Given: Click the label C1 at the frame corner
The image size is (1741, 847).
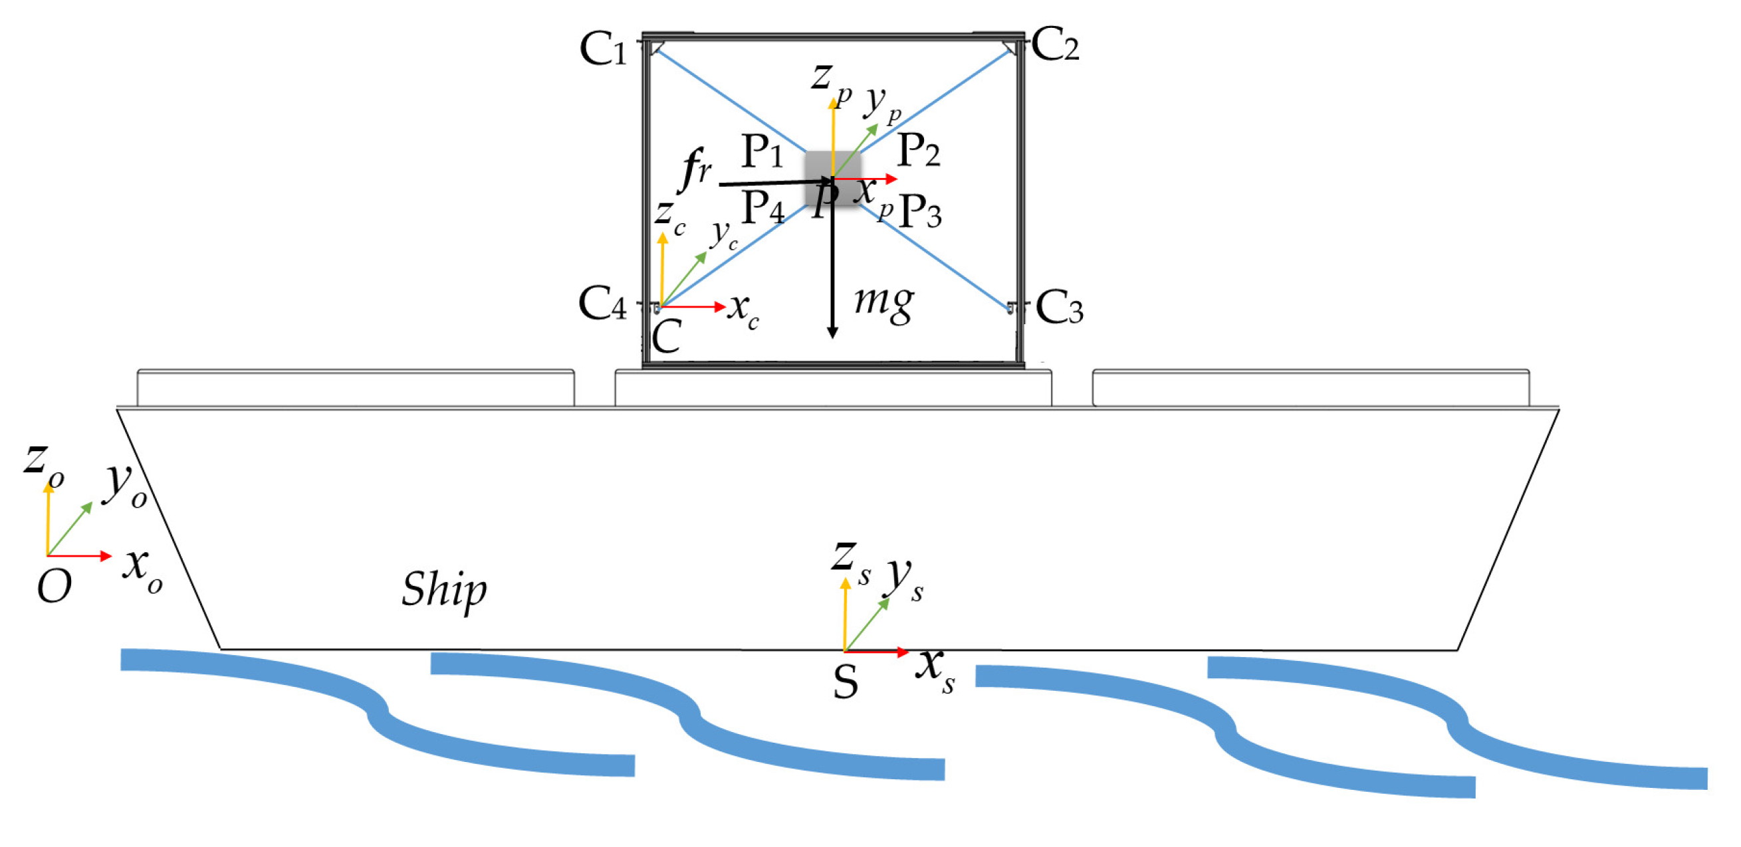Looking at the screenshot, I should coord(604,49).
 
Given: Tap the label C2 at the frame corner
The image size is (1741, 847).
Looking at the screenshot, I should coord(1055,45).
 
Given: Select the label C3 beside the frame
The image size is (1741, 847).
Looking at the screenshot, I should coord(1059,308).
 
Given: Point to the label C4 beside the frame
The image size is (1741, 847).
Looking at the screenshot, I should coord(602,304).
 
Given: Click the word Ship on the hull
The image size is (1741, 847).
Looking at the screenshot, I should coord(444,589).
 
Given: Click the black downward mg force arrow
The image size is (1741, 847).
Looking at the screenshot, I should coord(833,270).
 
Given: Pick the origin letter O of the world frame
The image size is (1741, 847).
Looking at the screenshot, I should coord(54,587).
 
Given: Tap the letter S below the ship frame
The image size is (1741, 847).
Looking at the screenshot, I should coord(846,682).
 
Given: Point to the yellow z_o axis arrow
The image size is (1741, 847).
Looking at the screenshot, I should coord(48,520).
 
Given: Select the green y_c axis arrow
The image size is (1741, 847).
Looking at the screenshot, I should coord(684,279).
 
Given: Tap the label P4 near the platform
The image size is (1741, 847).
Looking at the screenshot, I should coord(762,207).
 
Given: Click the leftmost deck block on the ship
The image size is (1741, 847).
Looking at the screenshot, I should coord(356,388).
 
